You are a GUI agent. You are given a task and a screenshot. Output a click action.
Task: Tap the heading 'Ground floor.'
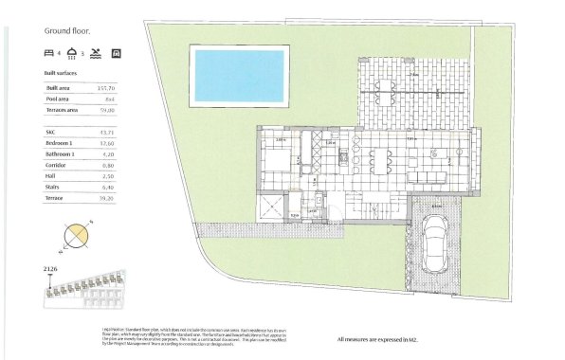coord(65,30)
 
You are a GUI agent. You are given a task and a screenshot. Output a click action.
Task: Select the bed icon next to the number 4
coord(49,53)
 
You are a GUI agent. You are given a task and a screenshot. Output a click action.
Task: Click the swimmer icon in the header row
coord(98,53)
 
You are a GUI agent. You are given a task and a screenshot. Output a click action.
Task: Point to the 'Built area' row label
coord(59,87)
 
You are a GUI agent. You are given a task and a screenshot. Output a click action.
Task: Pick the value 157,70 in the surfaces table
coord(107,87)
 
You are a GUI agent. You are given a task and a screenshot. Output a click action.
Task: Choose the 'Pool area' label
coord(59,99)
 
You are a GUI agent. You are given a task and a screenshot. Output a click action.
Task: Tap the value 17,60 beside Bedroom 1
coord(107,143)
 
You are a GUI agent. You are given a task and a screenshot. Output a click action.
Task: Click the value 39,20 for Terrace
coord(107,198)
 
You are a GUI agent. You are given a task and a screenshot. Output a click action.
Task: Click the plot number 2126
coord(50,269)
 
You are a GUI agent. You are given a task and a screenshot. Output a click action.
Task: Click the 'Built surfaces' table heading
coord(61,72)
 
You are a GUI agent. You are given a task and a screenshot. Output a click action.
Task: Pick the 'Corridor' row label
coord(56,165)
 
